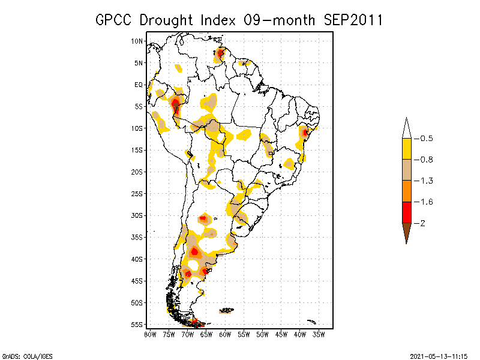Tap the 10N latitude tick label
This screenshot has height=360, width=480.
[137, 41]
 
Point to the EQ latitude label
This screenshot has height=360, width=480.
[139, 85]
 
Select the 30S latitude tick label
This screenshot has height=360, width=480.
[137, 215]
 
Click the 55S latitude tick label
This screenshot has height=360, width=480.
[137, 325]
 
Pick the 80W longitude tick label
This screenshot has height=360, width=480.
[150, 334]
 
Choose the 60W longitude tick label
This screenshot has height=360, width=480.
[225, 334]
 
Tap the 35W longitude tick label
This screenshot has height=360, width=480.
[319, 334]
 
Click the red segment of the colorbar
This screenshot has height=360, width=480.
[407, 212]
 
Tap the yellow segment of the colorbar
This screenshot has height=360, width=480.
[407, 149]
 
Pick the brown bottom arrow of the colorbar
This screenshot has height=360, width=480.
[407, 232]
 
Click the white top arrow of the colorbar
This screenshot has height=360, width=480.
[407, 128]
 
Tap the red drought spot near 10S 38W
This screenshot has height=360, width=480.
[305, 132]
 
